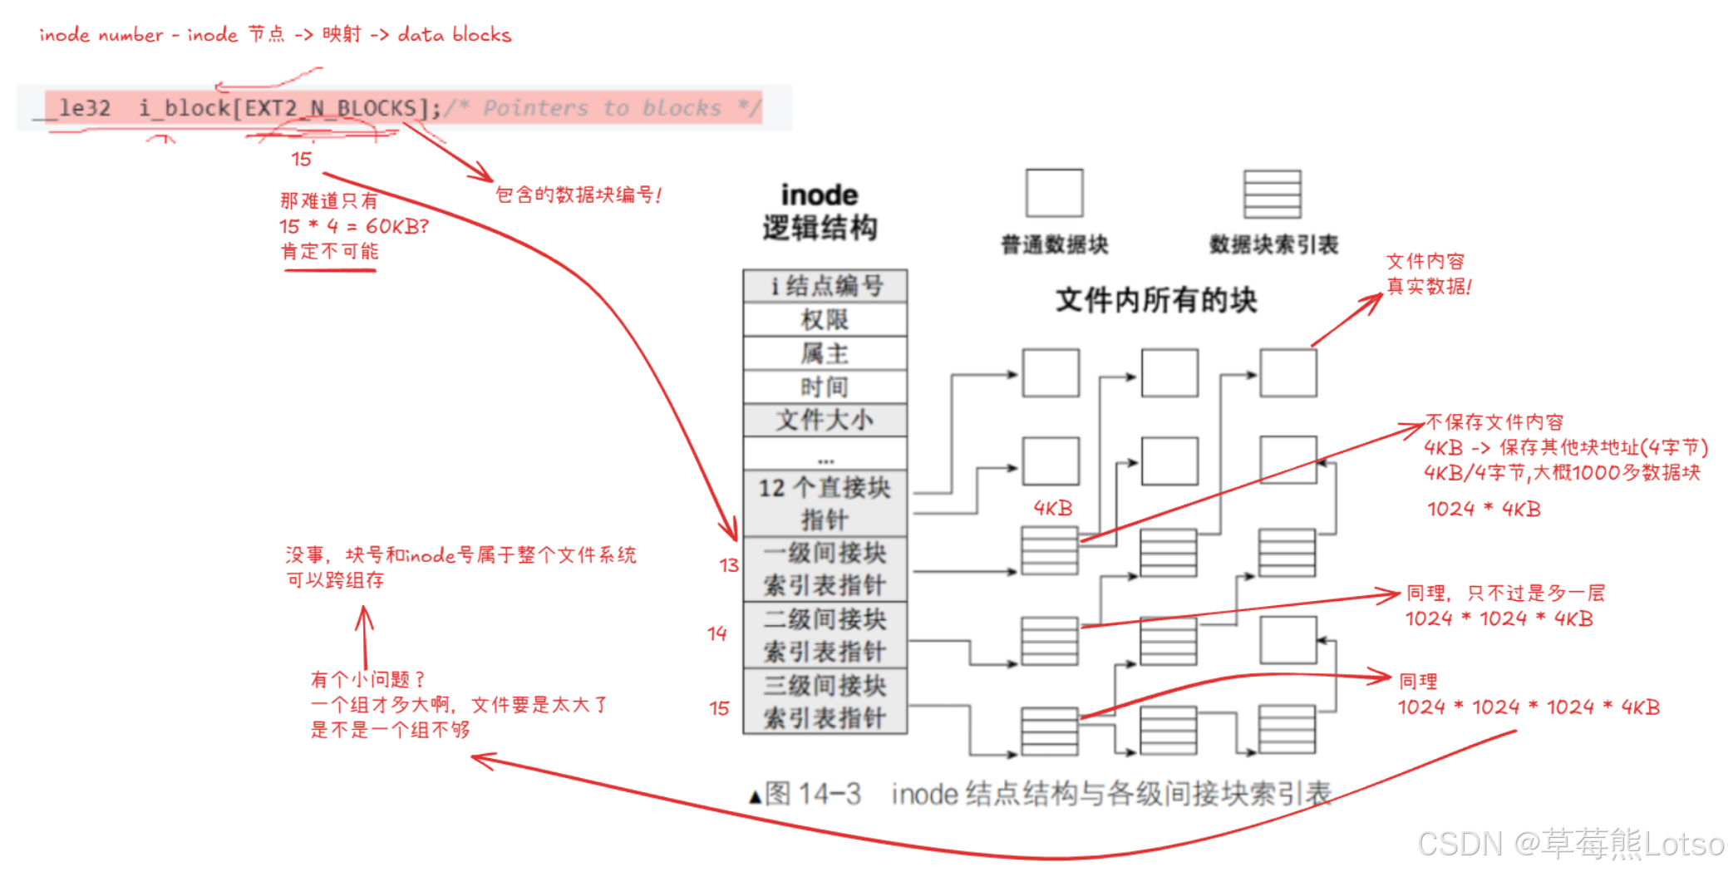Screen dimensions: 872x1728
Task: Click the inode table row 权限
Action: pos(824,319)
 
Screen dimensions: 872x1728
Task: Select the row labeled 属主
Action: pos(824,353)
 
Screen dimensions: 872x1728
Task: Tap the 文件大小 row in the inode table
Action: pos(824,420)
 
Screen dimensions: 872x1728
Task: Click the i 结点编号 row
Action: pos(824,286)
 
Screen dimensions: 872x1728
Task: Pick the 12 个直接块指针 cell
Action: pos(824,504)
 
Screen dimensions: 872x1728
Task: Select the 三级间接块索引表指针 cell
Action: pos(824,702)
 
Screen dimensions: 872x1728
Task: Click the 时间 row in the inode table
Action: pos(824,387)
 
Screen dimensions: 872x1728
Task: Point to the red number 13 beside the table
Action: pos(729,565)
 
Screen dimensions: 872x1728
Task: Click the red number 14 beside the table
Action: pos(717,633)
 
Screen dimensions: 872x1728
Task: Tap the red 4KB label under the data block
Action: pos(1052,508)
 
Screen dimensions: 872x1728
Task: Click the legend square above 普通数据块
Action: pos(1054,193)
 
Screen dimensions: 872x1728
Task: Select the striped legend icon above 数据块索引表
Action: pos(1272,194)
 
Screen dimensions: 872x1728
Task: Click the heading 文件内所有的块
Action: pos(1155,300)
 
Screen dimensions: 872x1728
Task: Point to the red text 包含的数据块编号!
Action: pos(578,195)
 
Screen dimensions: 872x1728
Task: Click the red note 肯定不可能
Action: pos(330,251)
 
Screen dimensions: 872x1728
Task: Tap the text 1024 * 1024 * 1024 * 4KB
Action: pos(1528,707)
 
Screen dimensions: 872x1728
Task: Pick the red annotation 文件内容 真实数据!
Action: pos(1428,274)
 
